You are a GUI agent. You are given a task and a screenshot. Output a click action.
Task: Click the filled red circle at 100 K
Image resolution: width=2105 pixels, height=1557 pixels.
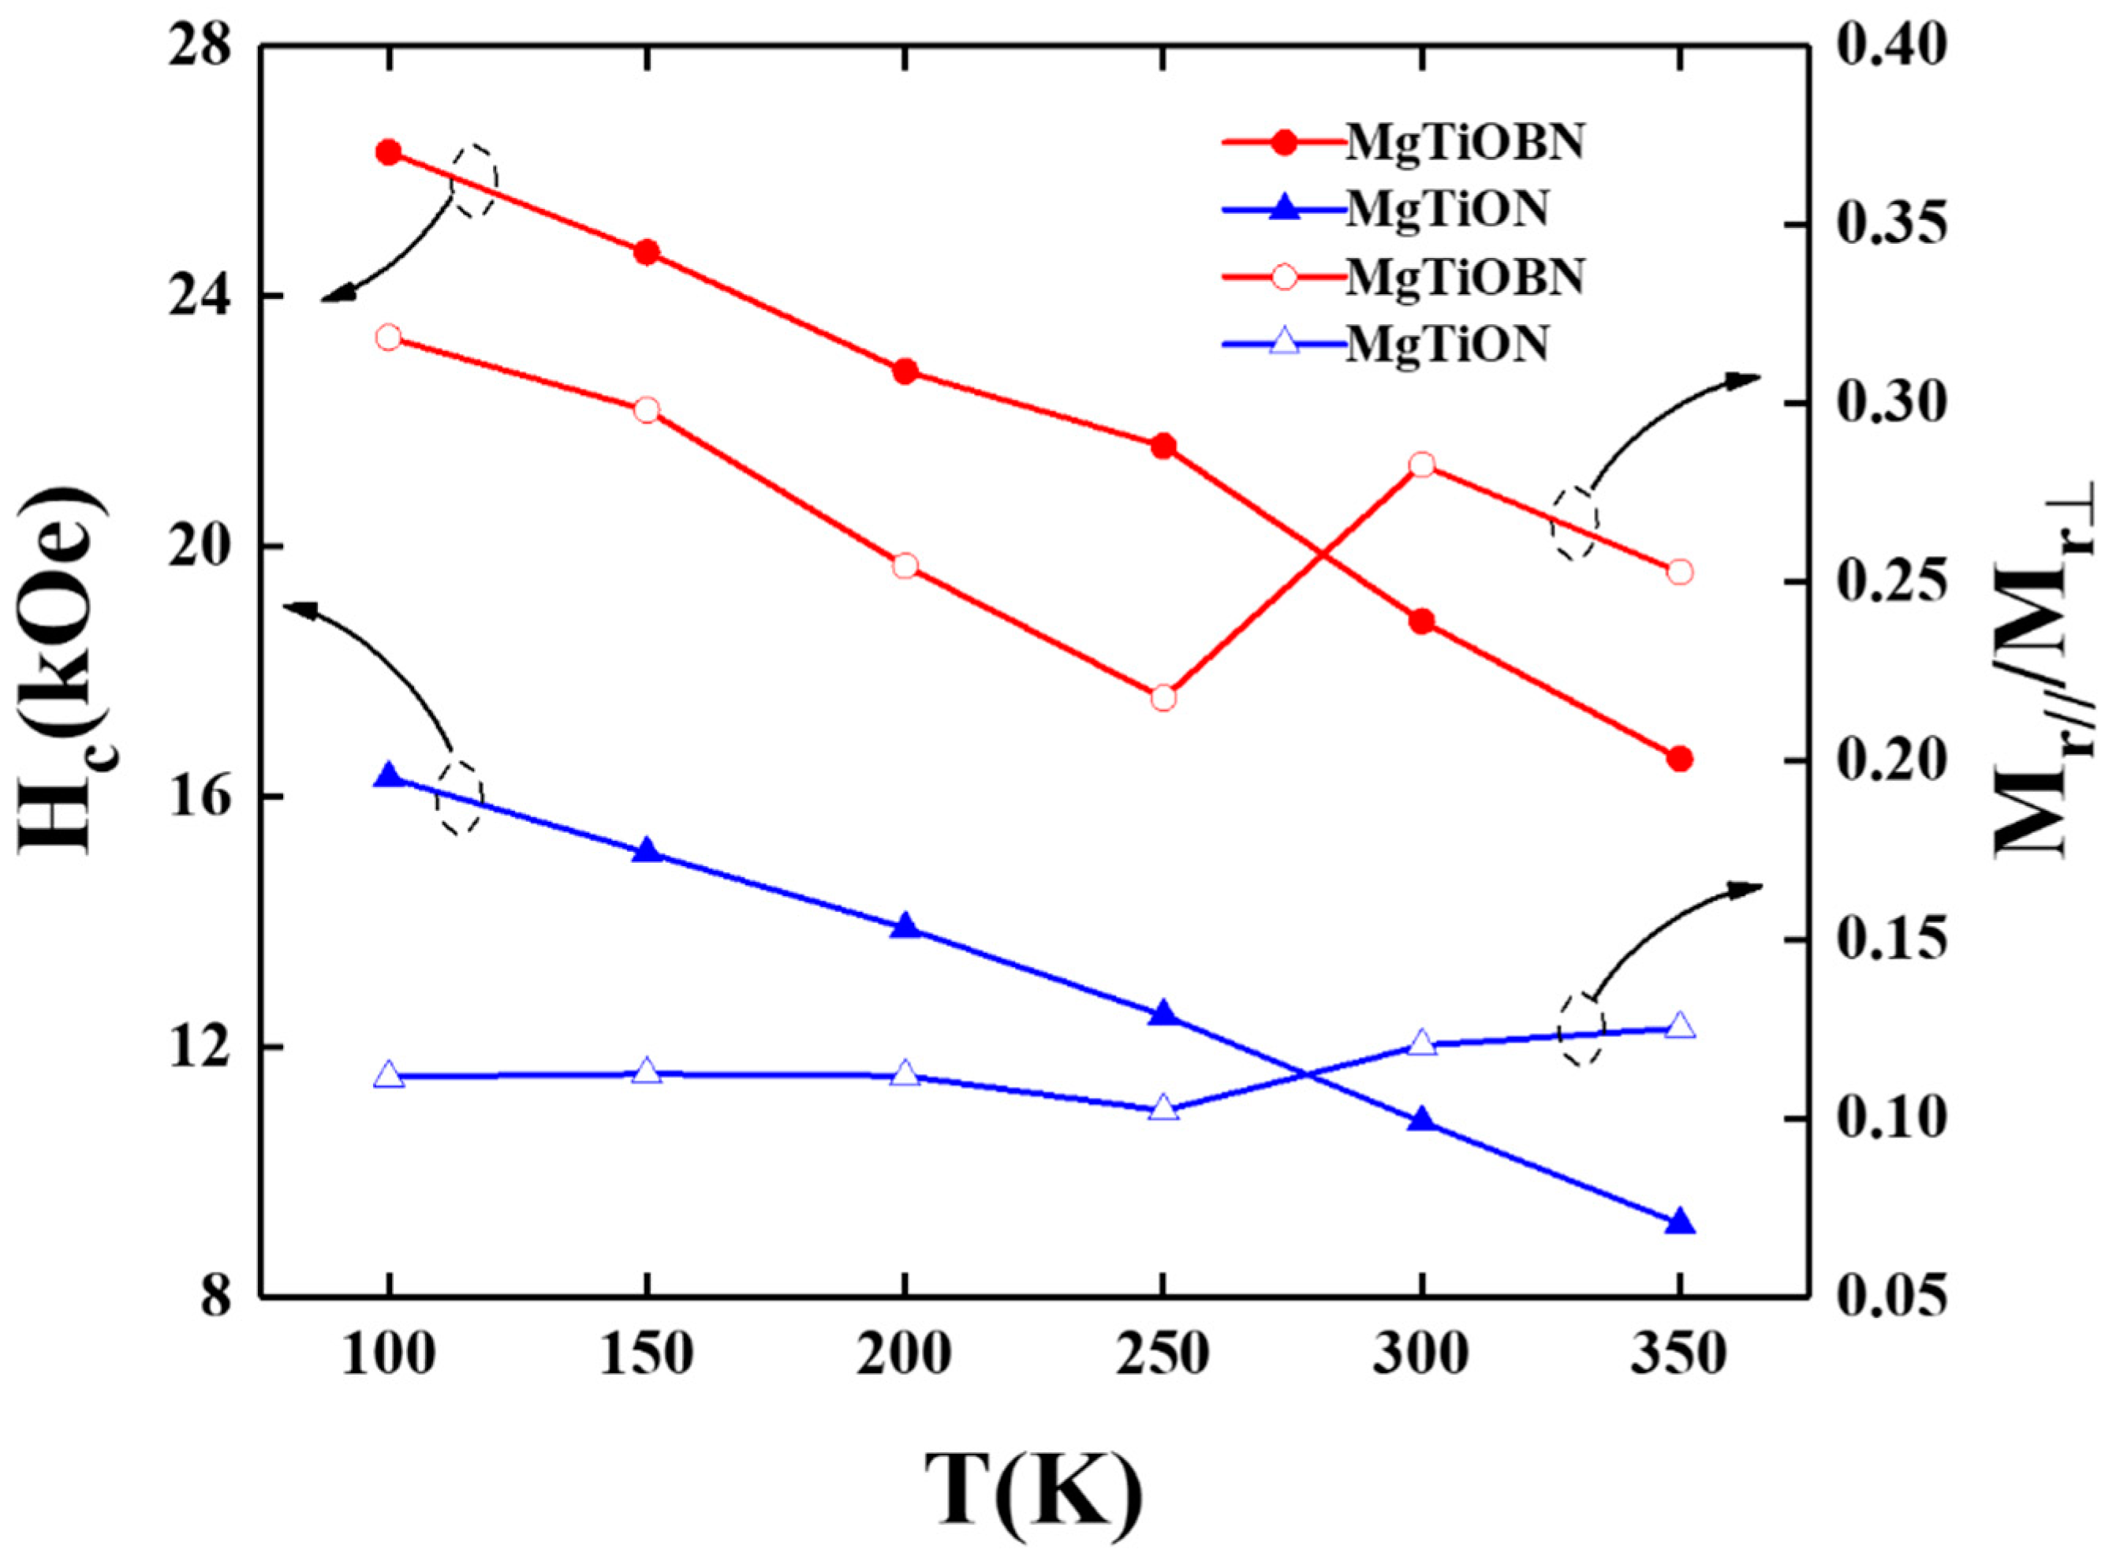coord(388,153)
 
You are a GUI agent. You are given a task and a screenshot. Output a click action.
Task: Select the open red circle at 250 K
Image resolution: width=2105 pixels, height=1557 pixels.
coord(1163,698)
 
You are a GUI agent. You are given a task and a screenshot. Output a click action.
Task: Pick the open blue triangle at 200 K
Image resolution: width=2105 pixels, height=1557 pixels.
coord(905,1073)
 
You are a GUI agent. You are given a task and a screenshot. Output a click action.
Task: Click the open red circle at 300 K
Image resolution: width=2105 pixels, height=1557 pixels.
coord(1422,465)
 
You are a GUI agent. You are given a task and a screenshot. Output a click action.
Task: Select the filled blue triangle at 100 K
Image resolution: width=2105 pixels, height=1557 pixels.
coord(388,775)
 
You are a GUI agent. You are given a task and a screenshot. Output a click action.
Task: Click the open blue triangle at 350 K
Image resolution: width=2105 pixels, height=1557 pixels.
coord(1680,1026)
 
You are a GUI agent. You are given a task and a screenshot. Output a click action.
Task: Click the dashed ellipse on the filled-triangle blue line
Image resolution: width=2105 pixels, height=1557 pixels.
coord(459,797)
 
